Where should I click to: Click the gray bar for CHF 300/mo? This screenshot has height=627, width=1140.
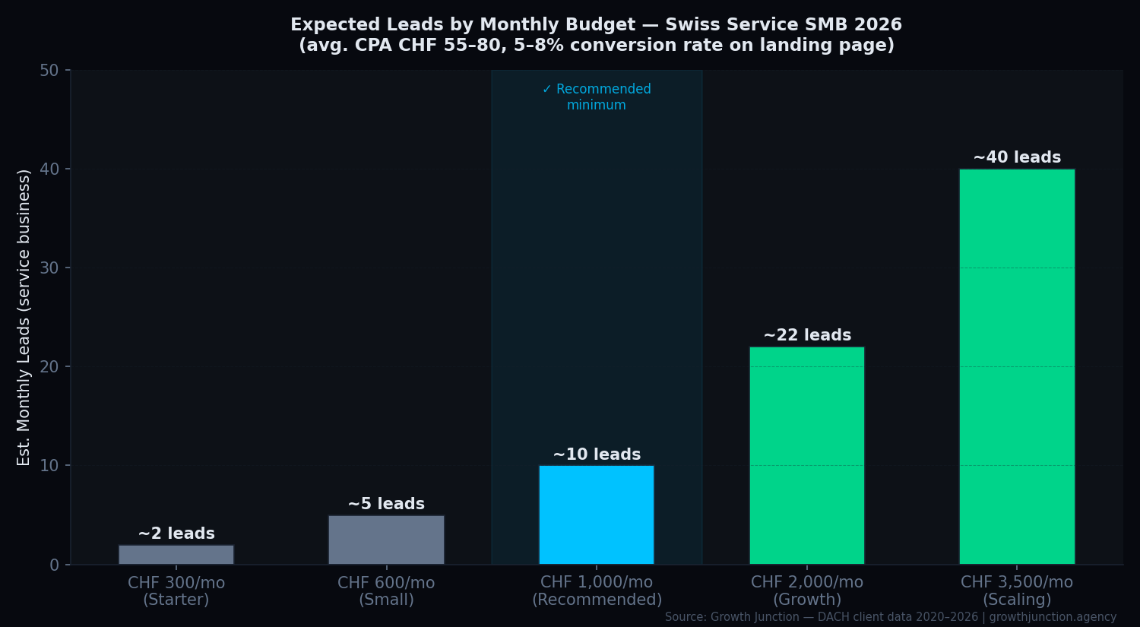click(176, 554)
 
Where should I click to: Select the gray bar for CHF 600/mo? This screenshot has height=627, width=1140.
click(386, 540)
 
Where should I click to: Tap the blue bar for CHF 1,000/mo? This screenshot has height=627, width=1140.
click(597, 515)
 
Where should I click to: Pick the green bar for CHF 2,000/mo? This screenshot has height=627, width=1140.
click(807, 455)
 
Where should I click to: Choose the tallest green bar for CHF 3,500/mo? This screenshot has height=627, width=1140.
click(1017, 366)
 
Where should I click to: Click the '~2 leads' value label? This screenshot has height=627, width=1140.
click(176, 534)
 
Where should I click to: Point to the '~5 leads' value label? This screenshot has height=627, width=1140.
click(386, 504)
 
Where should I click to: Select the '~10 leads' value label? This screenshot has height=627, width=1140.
click(597, 454)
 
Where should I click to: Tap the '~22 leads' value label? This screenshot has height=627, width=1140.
click(807, 335)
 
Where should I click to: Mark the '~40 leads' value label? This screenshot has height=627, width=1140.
click(1017, 157)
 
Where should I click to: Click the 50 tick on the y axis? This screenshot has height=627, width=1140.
click(49, 71)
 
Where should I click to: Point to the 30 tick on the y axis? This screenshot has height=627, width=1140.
click(49, 268)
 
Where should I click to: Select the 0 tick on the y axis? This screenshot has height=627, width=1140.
click(54, 565)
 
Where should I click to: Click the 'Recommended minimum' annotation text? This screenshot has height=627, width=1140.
click(597, 97)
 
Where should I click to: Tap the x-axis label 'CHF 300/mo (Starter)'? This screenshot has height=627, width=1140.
click(176, 591)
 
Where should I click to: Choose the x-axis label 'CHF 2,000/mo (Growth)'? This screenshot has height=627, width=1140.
click(807, 591)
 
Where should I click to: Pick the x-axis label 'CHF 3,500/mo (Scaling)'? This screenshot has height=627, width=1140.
click(1017, 591)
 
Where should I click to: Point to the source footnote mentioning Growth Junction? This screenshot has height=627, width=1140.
click(890, 617)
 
